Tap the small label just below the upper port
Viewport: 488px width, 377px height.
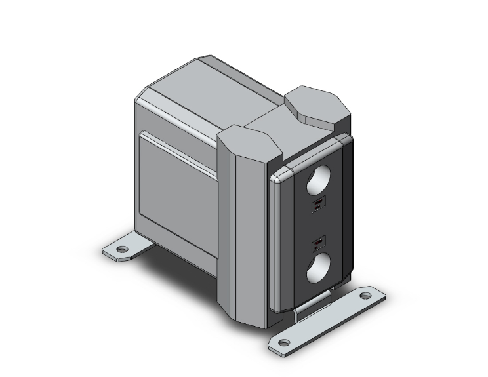click(x=317, y=205)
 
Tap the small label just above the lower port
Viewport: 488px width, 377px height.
click(x=317, y=245)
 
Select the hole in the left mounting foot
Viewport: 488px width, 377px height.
click(x=122, y=249)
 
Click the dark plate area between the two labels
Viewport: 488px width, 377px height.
click(x=317, y=225)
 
